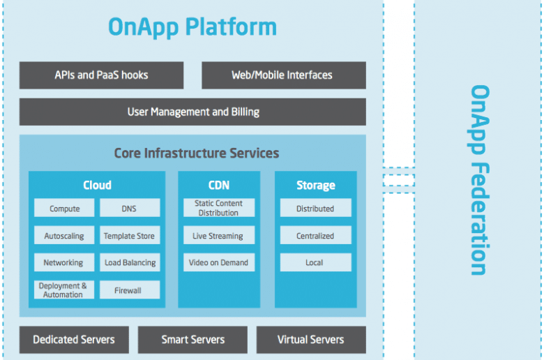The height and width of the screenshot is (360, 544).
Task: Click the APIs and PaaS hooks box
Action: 101,75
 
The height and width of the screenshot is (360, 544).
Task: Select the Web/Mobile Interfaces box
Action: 284,75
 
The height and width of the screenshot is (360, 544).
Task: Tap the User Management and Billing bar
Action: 192,112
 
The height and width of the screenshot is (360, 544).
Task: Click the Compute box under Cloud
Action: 64,208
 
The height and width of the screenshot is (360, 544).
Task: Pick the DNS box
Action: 130,208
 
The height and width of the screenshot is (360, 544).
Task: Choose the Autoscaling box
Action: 64,235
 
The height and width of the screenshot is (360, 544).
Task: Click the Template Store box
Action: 130,235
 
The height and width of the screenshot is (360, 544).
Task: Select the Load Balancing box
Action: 130,262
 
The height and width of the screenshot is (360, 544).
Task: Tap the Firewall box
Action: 130,290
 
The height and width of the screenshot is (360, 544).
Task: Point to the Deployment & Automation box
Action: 64,290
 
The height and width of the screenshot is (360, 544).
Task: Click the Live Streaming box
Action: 219,235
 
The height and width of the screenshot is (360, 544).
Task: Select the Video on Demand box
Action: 219,262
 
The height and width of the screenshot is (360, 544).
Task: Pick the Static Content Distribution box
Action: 219,208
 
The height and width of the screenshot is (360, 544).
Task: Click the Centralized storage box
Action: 316,235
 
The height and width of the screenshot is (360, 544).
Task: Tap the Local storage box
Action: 316,262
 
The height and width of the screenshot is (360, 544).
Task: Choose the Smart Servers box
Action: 192,340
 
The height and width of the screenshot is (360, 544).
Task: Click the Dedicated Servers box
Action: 74,340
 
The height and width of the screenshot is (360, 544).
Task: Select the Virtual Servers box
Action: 311,340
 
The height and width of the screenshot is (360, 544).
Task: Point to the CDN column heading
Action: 219,186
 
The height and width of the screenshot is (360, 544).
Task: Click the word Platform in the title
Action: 231,27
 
